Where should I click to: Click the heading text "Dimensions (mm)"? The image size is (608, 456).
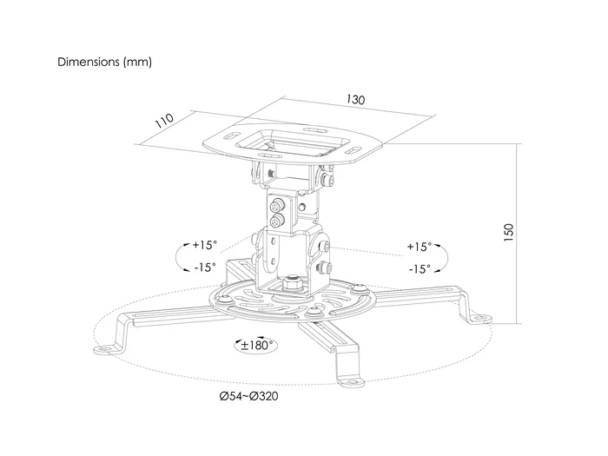[105, 62]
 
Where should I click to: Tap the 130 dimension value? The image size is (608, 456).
[355, 100]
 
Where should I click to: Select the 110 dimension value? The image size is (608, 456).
[164, 121]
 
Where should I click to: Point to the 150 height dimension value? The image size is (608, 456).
[509, 233]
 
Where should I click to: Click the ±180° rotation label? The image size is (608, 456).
[257, 345]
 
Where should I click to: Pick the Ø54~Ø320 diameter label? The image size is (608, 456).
[248, 396]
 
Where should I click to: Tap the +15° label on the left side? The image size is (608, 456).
[205, 245]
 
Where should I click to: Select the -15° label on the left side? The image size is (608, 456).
[205, 268]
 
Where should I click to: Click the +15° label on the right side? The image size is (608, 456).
[420, 247]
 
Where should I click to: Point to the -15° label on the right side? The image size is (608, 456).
[420, 268]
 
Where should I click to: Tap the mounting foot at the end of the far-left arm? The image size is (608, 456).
[107, 349]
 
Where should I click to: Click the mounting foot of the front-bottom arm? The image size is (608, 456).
[351, 382]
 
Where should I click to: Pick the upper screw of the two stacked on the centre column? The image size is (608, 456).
[276, 205]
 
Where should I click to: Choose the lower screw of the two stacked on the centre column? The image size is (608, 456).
[276, 221]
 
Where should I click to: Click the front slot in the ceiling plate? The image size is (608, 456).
[271, 155]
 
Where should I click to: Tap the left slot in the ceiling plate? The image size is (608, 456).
[231, 135]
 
